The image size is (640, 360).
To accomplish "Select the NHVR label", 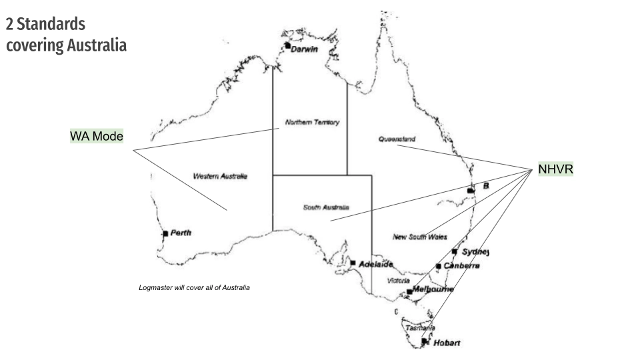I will click(555, 170).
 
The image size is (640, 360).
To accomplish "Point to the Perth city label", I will click(181, 233).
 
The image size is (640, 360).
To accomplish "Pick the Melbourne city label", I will click(433, 289).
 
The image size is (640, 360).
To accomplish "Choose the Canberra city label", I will click(461, 266).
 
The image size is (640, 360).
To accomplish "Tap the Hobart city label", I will click(447, 343).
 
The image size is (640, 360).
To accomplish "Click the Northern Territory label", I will click(312, 123).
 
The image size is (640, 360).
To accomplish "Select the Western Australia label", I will click(220, 177).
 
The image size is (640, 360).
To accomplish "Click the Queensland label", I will click(397, 139).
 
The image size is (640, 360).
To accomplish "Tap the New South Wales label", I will click(420, 237).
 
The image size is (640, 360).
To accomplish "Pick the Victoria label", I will click(399, 281).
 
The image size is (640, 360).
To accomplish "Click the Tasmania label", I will click(421, 328).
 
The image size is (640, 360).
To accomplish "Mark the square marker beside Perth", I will click(165, 234).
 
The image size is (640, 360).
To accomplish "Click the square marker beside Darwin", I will click(287, 46).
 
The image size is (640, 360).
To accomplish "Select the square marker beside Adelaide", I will click(353, 263).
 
